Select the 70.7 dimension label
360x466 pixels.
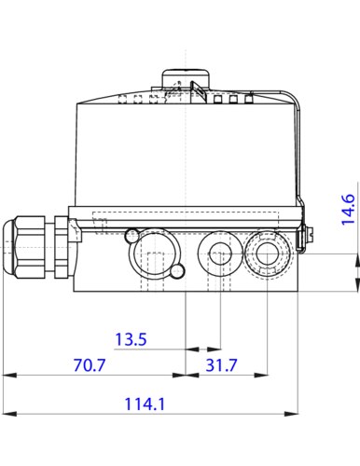pos(90,366)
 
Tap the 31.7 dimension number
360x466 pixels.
pos(221,366)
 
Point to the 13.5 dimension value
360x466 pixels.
pos(131,340)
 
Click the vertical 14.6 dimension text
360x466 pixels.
pos(346,210)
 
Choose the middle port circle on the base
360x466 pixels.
pos(221,251)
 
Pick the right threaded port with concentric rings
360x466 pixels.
pos(267,251)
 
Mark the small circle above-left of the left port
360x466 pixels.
pos(132,233)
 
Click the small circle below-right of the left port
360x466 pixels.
pos(177,271)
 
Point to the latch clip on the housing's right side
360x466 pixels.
pos(300,238)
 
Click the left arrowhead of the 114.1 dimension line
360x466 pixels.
pos(8,413)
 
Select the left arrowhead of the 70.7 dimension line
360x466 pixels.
pos(8,376)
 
